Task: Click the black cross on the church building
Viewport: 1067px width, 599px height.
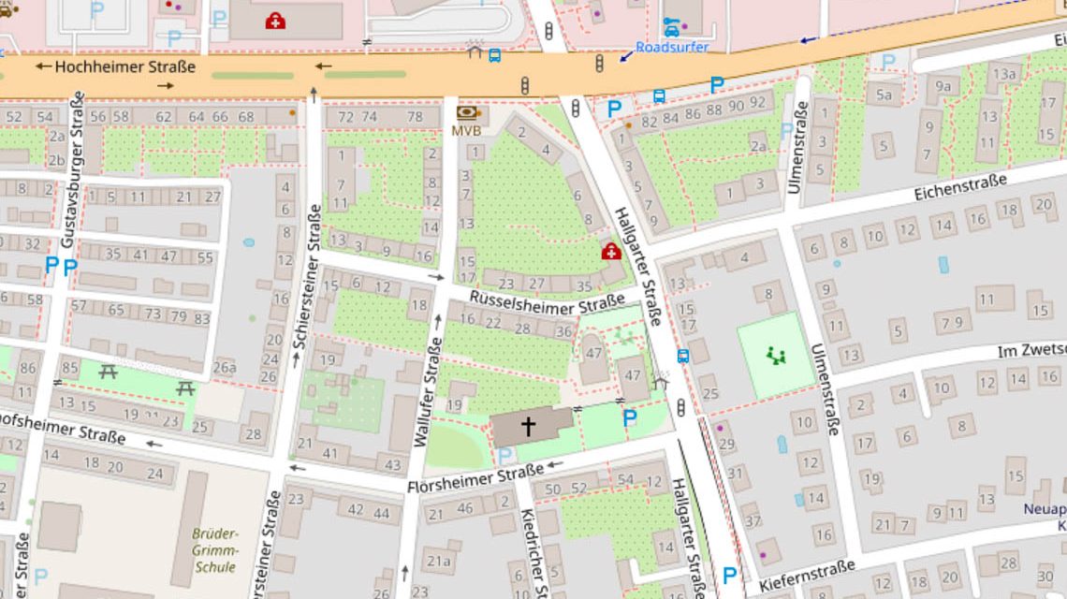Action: [x=528, y=427]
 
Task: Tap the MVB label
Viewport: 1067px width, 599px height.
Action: [x=466, y=131]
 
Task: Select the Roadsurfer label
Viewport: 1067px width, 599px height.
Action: [x=672, y=47]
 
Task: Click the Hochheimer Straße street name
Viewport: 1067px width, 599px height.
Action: [x=125, y=66]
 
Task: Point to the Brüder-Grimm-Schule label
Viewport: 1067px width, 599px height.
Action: [x=214, y=549]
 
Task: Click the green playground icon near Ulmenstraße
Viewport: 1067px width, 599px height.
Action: [x=775, y=356]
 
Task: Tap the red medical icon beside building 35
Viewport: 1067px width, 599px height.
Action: [x=610, y=251]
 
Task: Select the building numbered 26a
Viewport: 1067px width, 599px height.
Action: [x=225, y=368]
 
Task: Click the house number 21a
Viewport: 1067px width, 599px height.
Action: [x=438, y=562]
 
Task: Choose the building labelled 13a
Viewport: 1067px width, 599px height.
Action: [x=1005, y=74]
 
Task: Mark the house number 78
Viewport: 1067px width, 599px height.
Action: [x=415, y=117]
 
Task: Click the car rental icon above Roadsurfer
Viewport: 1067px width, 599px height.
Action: [x=671, y=27]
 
